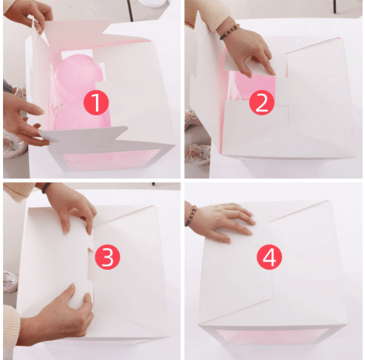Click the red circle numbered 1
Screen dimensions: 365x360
96,103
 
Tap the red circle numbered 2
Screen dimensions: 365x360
262,103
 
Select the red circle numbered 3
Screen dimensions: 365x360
107,257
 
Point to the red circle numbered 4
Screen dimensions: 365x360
269,257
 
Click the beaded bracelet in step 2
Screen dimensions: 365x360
230,32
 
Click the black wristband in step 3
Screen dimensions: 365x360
46,188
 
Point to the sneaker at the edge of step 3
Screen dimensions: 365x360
10,281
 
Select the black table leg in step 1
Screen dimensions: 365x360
130,10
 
